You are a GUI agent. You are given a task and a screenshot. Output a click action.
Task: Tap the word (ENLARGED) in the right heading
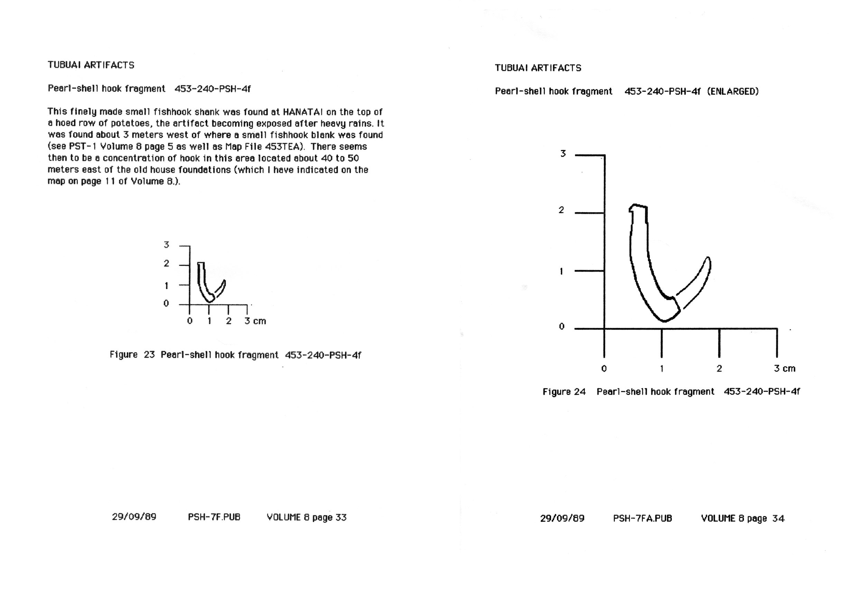[x=733, y=92]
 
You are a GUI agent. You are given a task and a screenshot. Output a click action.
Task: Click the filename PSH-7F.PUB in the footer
[x=214, y=517]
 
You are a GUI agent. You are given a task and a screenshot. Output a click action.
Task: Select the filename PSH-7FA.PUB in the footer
[x=642, y=518]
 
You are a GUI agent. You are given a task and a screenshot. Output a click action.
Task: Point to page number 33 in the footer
[x=341, y=517]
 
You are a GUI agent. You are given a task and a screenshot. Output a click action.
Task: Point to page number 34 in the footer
[x=778, y=518]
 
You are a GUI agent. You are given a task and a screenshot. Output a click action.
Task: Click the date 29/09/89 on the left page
[x=134, y=517]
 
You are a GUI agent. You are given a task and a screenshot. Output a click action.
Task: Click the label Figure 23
[x=132, y=355]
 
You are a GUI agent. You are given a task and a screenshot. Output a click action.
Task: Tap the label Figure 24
[x=564, y=392]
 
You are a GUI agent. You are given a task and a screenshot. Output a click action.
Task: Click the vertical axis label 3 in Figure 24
[x=563, y=154]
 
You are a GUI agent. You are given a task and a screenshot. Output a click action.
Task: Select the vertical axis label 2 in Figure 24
[x=561, y=210]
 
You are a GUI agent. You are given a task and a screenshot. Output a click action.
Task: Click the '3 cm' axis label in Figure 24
[x=784, y=369]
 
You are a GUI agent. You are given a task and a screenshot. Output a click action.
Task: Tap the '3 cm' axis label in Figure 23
[x=255, y=321]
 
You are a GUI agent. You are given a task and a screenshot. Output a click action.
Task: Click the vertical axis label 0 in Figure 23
[x=166, y=303]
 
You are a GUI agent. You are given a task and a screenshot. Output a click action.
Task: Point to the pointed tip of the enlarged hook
[x=708, y=258]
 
